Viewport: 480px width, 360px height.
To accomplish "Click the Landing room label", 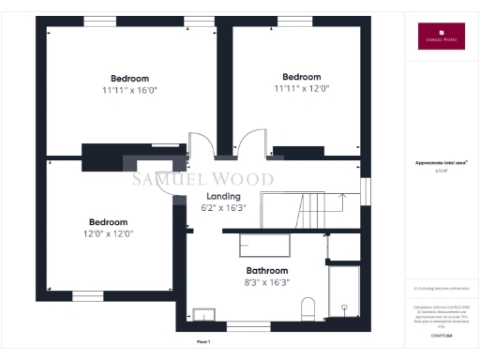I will [x=223, y=195].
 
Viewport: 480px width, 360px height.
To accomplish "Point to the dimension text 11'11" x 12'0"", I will [x=301, y=88].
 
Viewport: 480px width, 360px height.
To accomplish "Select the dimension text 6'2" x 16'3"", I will [x=223, y=208].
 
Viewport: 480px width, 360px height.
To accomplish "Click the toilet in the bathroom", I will [x=307, y=309].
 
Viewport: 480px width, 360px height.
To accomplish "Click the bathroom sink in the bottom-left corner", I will [x=202, y=315].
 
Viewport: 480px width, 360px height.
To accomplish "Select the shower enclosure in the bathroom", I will [x=344, y=292].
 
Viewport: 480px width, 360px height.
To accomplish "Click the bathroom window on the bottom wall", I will [x=247, y=326].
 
